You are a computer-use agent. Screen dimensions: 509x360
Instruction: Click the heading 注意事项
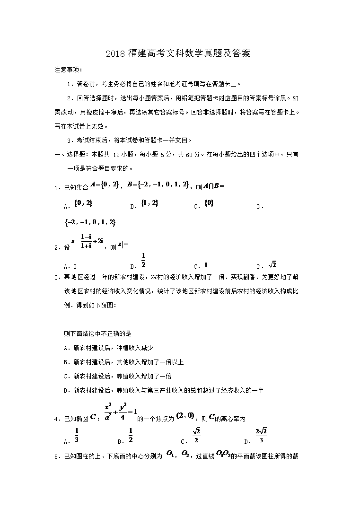point(68,70)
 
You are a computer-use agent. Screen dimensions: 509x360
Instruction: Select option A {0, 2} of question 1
point(83,203)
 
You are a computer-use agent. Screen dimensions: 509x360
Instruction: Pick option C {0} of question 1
point(209,203)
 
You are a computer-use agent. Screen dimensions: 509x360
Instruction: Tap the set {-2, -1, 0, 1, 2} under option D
point(89,222)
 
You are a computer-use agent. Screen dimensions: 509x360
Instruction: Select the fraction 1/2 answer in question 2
point(143,260)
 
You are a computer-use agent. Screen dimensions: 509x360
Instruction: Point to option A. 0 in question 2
point(70,266)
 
